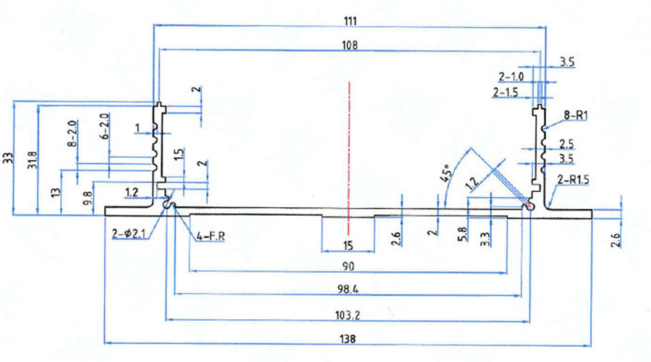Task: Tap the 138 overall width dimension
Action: pos(348,338)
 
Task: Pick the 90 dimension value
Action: pos(348,266)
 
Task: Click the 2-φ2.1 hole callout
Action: pos(129,234)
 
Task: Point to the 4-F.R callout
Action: pos(210,235)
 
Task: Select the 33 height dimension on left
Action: pos(8,159)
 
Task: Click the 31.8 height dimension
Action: pos(29,159)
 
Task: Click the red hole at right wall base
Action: pos(530,206)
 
